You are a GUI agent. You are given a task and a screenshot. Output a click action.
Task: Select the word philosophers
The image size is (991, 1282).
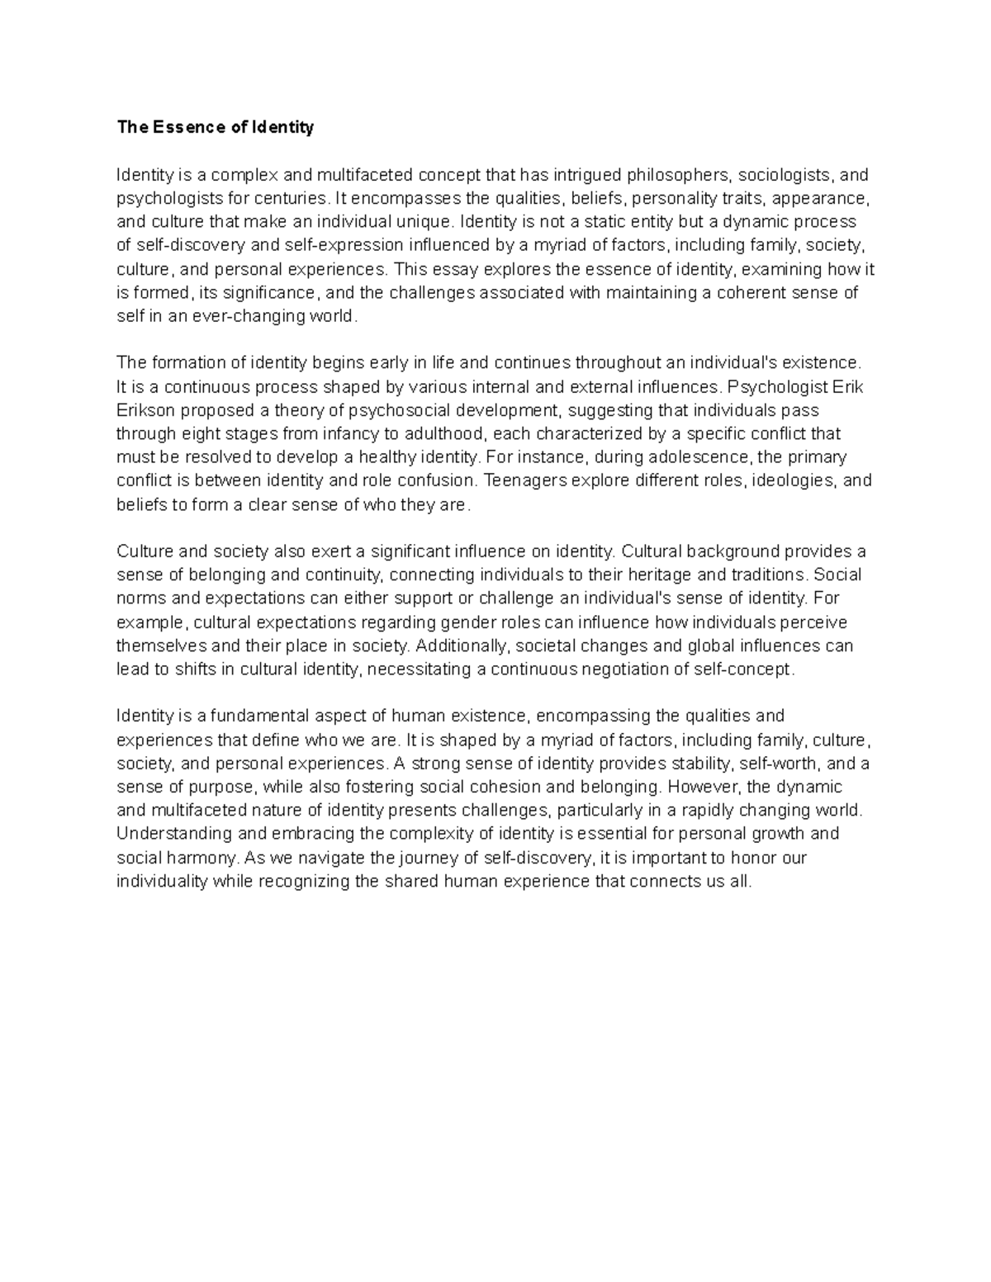(678, 175)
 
